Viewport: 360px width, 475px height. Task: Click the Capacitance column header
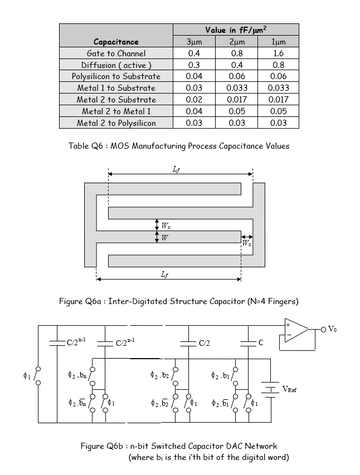click(116, 42)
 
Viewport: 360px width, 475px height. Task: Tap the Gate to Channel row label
click(116, 53)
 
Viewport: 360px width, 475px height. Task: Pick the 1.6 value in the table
click(278, 53)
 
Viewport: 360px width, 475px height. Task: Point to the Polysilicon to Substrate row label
click(116, 76)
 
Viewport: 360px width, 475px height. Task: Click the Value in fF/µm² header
click(236, 30)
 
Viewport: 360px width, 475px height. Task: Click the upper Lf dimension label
click(177, 168)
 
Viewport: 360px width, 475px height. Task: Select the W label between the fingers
click(164, 237)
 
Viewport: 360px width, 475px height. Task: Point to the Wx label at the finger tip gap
click(246, 243)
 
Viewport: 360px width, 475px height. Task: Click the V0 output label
click(332, 329)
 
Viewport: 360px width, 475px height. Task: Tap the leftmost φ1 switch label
click(26, 376)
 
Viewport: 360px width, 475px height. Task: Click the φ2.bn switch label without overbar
click(75, 376)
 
